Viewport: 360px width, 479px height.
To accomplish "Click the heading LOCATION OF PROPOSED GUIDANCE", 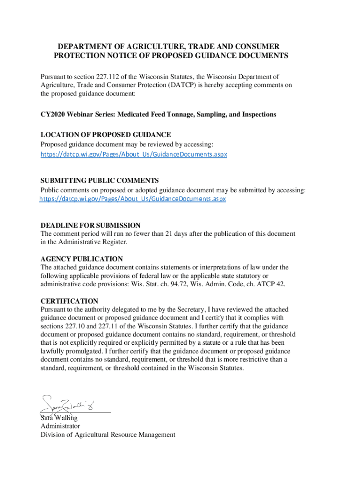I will [106, 135].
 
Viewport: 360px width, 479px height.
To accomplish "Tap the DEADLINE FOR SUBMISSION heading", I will [90, 225].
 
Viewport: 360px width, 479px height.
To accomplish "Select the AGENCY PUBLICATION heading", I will [82, 259].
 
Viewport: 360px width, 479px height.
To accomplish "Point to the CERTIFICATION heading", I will [69, 301].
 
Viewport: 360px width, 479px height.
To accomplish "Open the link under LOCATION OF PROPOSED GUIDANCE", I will [134, 154].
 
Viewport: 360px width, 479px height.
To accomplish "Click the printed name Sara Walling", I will [59, 418].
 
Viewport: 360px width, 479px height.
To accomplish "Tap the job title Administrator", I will [60, 426].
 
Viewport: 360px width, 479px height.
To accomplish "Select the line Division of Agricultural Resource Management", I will [108, 435].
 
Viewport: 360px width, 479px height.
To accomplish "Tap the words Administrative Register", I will [94, 242].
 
